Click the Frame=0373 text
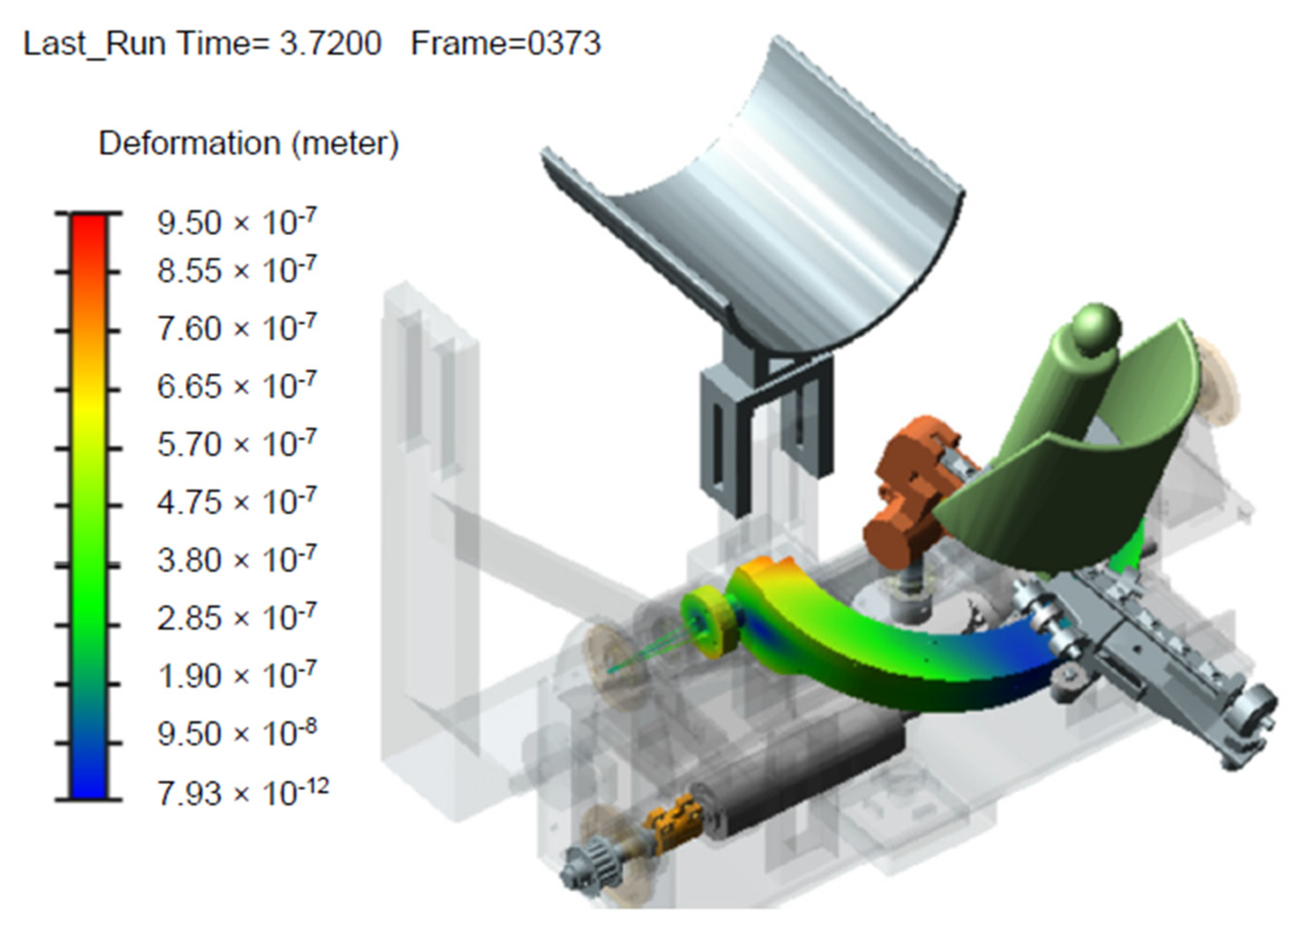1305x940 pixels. pyautogui.click(x=506, y=44)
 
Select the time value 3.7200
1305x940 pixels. pyautogui.click(x=330, y=44)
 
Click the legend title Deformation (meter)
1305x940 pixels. pyautogui.click(x=249, y=143)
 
